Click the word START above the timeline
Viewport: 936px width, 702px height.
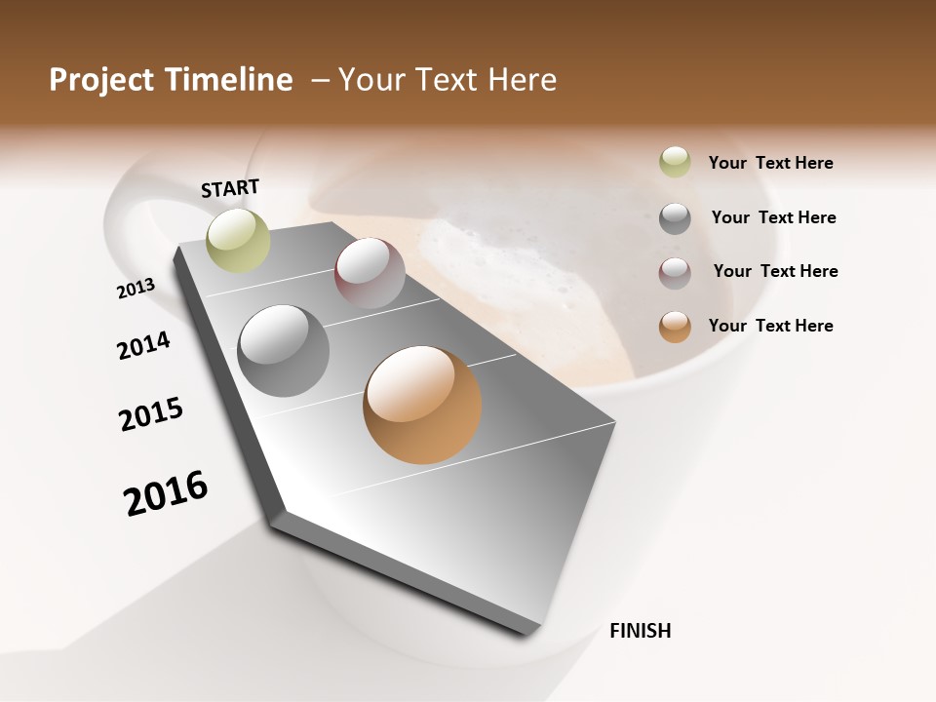coord(230,187)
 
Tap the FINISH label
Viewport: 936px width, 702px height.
coord(640,631)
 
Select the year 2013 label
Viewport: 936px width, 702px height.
coord(136,289)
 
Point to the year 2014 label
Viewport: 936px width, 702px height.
coord(143,345)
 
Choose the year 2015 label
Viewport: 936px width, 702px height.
coord(151,414)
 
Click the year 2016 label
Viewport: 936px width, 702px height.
coord(166,493)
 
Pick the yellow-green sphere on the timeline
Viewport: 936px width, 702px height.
coord(238,240)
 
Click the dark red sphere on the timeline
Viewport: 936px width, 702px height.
coord(370,273)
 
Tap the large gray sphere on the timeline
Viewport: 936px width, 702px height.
coord(284,351)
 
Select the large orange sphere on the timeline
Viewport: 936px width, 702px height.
coord(422,405)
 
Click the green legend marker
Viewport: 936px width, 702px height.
coord(675,163)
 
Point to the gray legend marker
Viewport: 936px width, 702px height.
coord(675,218)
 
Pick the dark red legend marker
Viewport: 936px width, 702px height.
coord(675,273)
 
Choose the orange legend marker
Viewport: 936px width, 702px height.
coord(675,327)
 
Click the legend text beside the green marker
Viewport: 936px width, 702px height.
coord(770,163)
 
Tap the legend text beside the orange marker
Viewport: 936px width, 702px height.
coord(770,326)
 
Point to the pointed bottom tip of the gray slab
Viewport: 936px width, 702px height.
coord(526,632)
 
